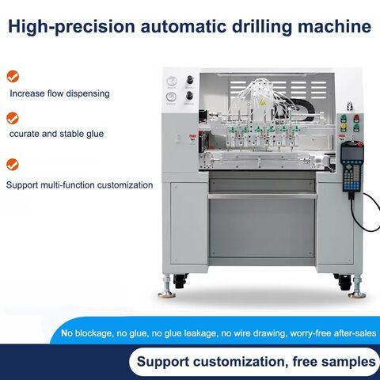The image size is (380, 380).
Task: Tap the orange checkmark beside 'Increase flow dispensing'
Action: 13,77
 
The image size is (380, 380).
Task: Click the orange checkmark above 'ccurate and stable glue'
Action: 13,118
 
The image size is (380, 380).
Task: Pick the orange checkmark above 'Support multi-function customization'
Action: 13,165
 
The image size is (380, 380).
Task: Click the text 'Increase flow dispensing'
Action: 59,93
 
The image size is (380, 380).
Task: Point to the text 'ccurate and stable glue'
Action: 56,134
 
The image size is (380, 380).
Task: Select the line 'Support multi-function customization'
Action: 79,184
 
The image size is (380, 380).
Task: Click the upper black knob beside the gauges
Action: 189,81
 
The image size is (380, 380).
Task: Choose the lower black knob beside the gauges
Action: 189,98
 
